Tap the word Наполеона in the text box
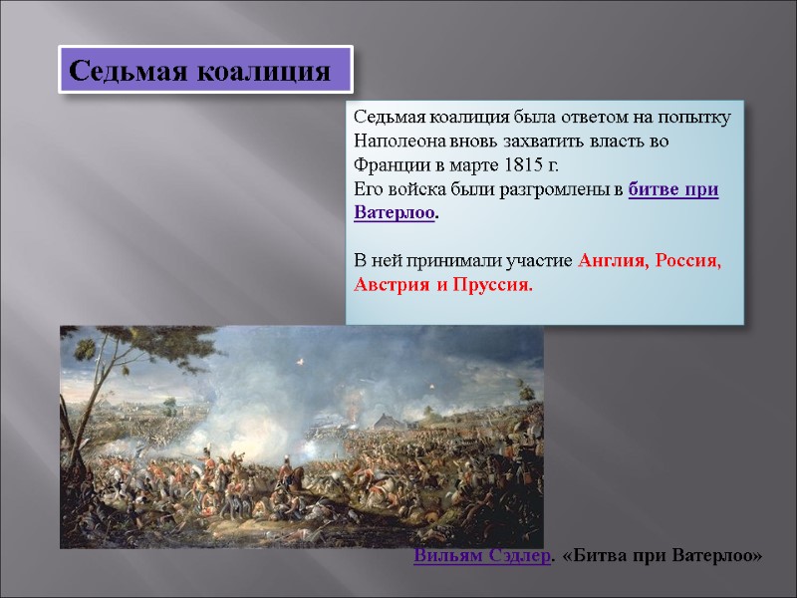pyautogui.click(x=397, y=141)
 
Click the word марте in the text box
pyautogui.click(x=478, y=164)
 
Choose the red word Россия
pyautogui.click(x=688, y=261)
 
